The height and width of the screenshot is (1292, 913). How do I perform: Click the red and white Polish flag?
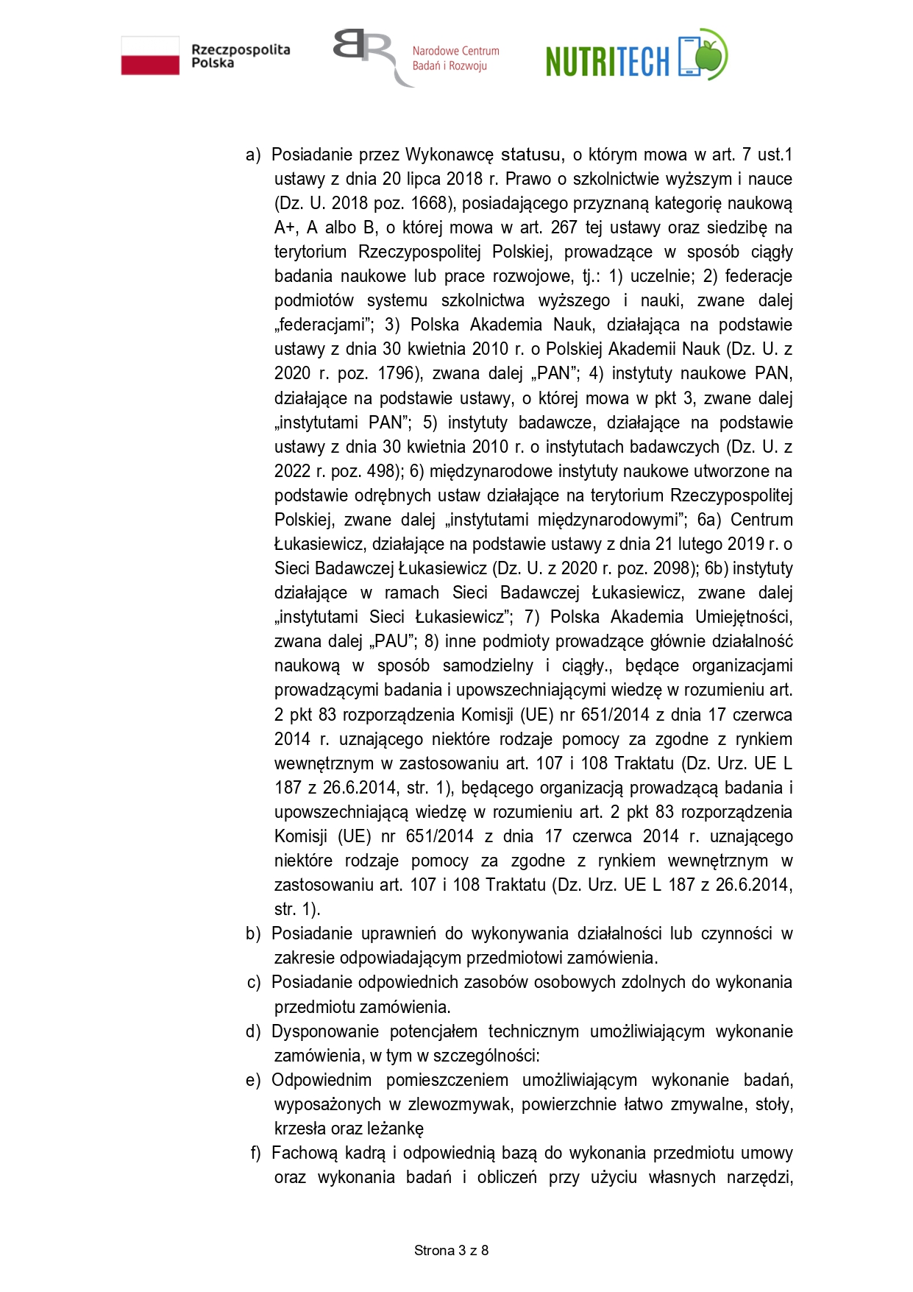(x=150, y=56)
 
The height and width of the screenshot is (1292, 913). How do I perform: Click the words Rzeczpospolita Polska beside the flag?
(x=240, y=56)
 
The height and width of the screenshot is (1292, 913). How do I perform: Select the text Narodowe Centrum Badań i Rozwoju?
(x=455, y=58)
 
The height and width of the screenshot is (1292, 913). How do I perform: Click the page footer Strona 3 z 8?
(x=451, y=1250)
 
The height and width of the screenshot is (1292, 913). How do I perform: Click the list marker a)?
(x=253, y=155)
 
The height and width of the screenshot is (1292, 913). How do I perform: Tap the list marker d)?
(x=253, y=1031)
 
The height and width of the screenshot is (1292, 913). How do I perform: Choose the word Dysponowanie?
(x=324, y=1031)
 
